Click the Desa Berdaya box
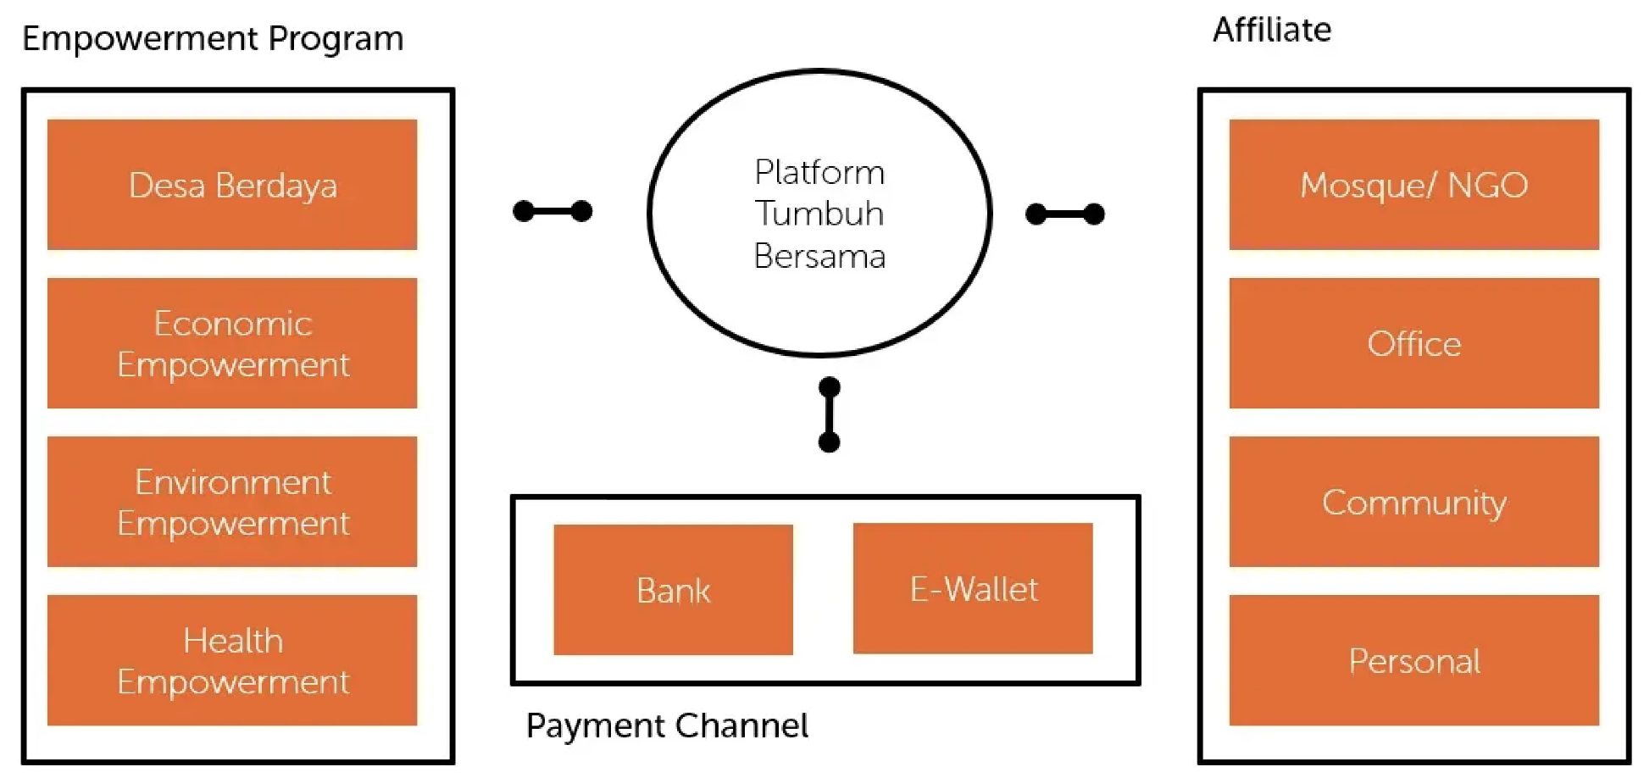pos(232,185)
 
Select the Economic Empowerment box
pos(232,343)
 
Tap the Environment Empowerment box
pos(232,502)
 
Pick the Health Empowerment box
pos(232,660)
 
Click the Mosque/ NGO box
pos(1414,185)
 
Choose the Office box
pos(1414,343)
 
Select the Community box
pos(1414,502)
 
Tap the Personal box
pos(1414,660)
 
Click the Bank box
pos(673,590)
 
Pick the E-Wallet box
pos(973,588)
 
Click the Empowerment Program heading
pos(213,39)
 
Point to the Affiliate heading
pos(1272,31)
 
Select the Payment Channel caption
pos(667,725)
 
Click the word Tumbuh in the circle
pos(819,214)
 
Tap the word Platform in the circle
pos(819,172)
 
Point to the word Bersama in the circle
pos(819,256)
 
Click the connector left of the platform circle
pos(553,211)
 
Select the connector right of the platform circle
pos(1065,214)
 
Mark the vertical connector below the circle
pos(830,414)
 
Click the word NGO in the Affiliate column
pos(1487,185)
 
